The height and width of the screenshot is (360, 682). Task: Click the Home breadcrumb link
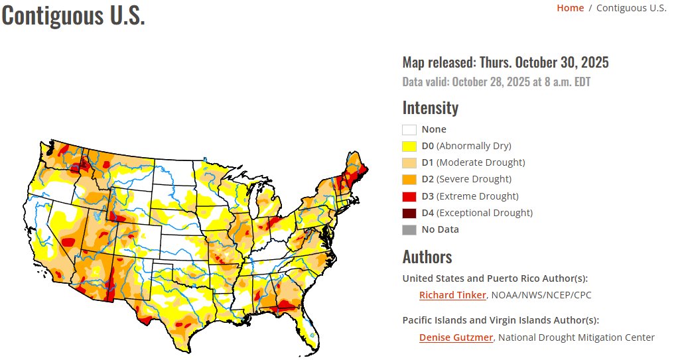(x=570, y=8)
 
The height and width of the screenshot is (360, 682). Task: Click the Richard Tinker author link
(x=452, y=295)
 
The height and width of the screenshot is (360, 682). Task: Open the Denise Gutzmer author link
(x=456, y=337)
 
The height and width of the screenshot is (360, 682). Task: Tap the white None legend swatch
(x=409, y=130)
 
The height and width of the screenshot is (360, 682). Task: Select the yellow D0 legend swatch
(x=409, y=147)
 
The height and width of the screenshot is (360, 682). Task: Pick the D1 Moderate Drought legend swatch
(x=409, y=163)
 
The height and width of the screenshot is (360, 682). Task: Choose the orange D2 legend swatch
(x=409, y=180)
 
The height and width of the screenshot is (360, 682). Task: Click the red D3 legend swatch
(x=409, y=196)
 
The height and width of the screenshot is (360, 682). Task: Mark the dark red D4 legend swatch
(x=409, y=213)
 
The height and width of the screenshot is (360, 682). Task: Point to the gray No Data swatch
(x=409, y=230)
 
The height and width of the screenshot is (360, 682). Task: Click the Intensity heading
(x=430, y=107)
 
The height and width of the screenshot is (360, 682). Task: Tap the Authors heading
(x=427, y=257)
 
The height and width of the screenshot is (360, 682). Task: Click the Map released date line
(x=505, y=63)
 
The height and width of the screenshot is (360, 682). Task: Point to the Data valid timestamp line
(x=496, y=82)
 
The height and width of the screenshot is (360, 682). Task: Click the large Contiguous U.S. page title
(x=73, y=16)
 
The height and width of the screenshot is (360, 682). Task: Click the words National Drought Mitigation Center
(x=576, y=337)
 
